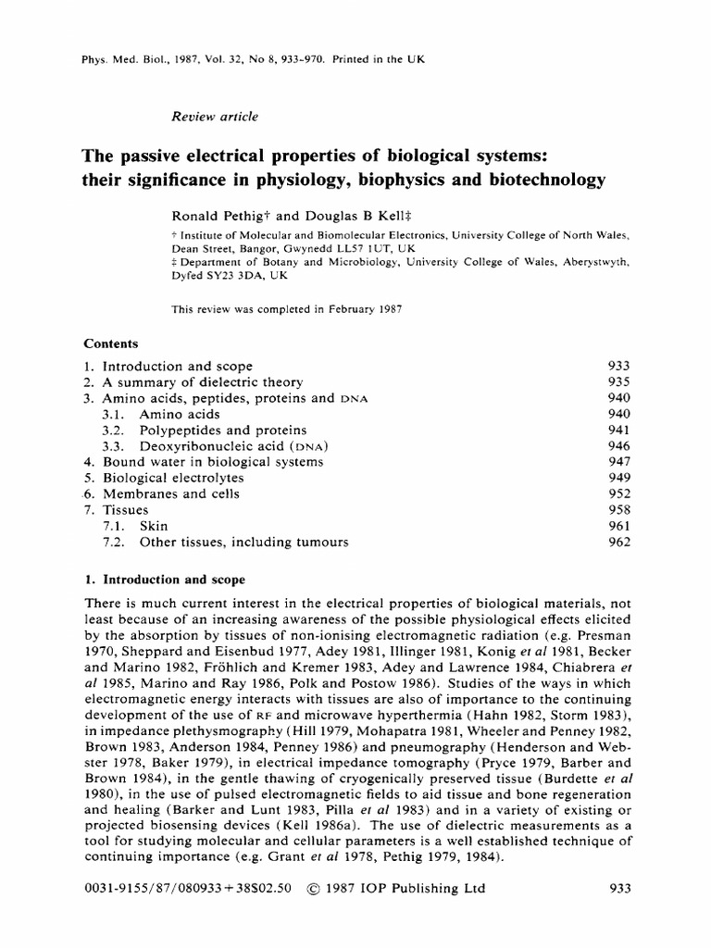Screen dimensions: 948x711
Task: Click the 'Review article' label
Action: coord(215,117)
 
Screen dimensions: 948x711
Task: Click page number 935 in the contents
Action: coord(617,382)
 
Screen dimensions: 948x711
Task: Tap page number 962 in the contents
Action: coord(617,542)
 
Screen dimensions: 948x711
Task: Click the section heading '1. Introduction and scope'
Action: coord(164,580)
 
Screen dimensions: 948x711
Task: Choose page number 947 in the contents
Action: coord(617,462)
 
